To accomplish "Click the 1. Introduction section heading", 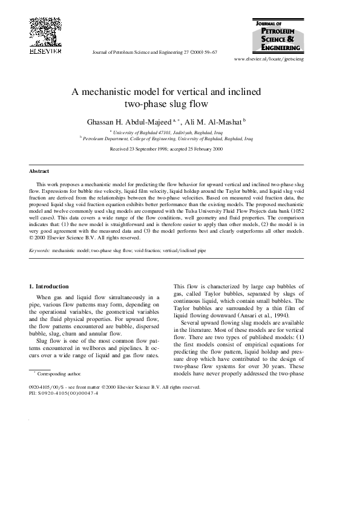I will tap(49, 286).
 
